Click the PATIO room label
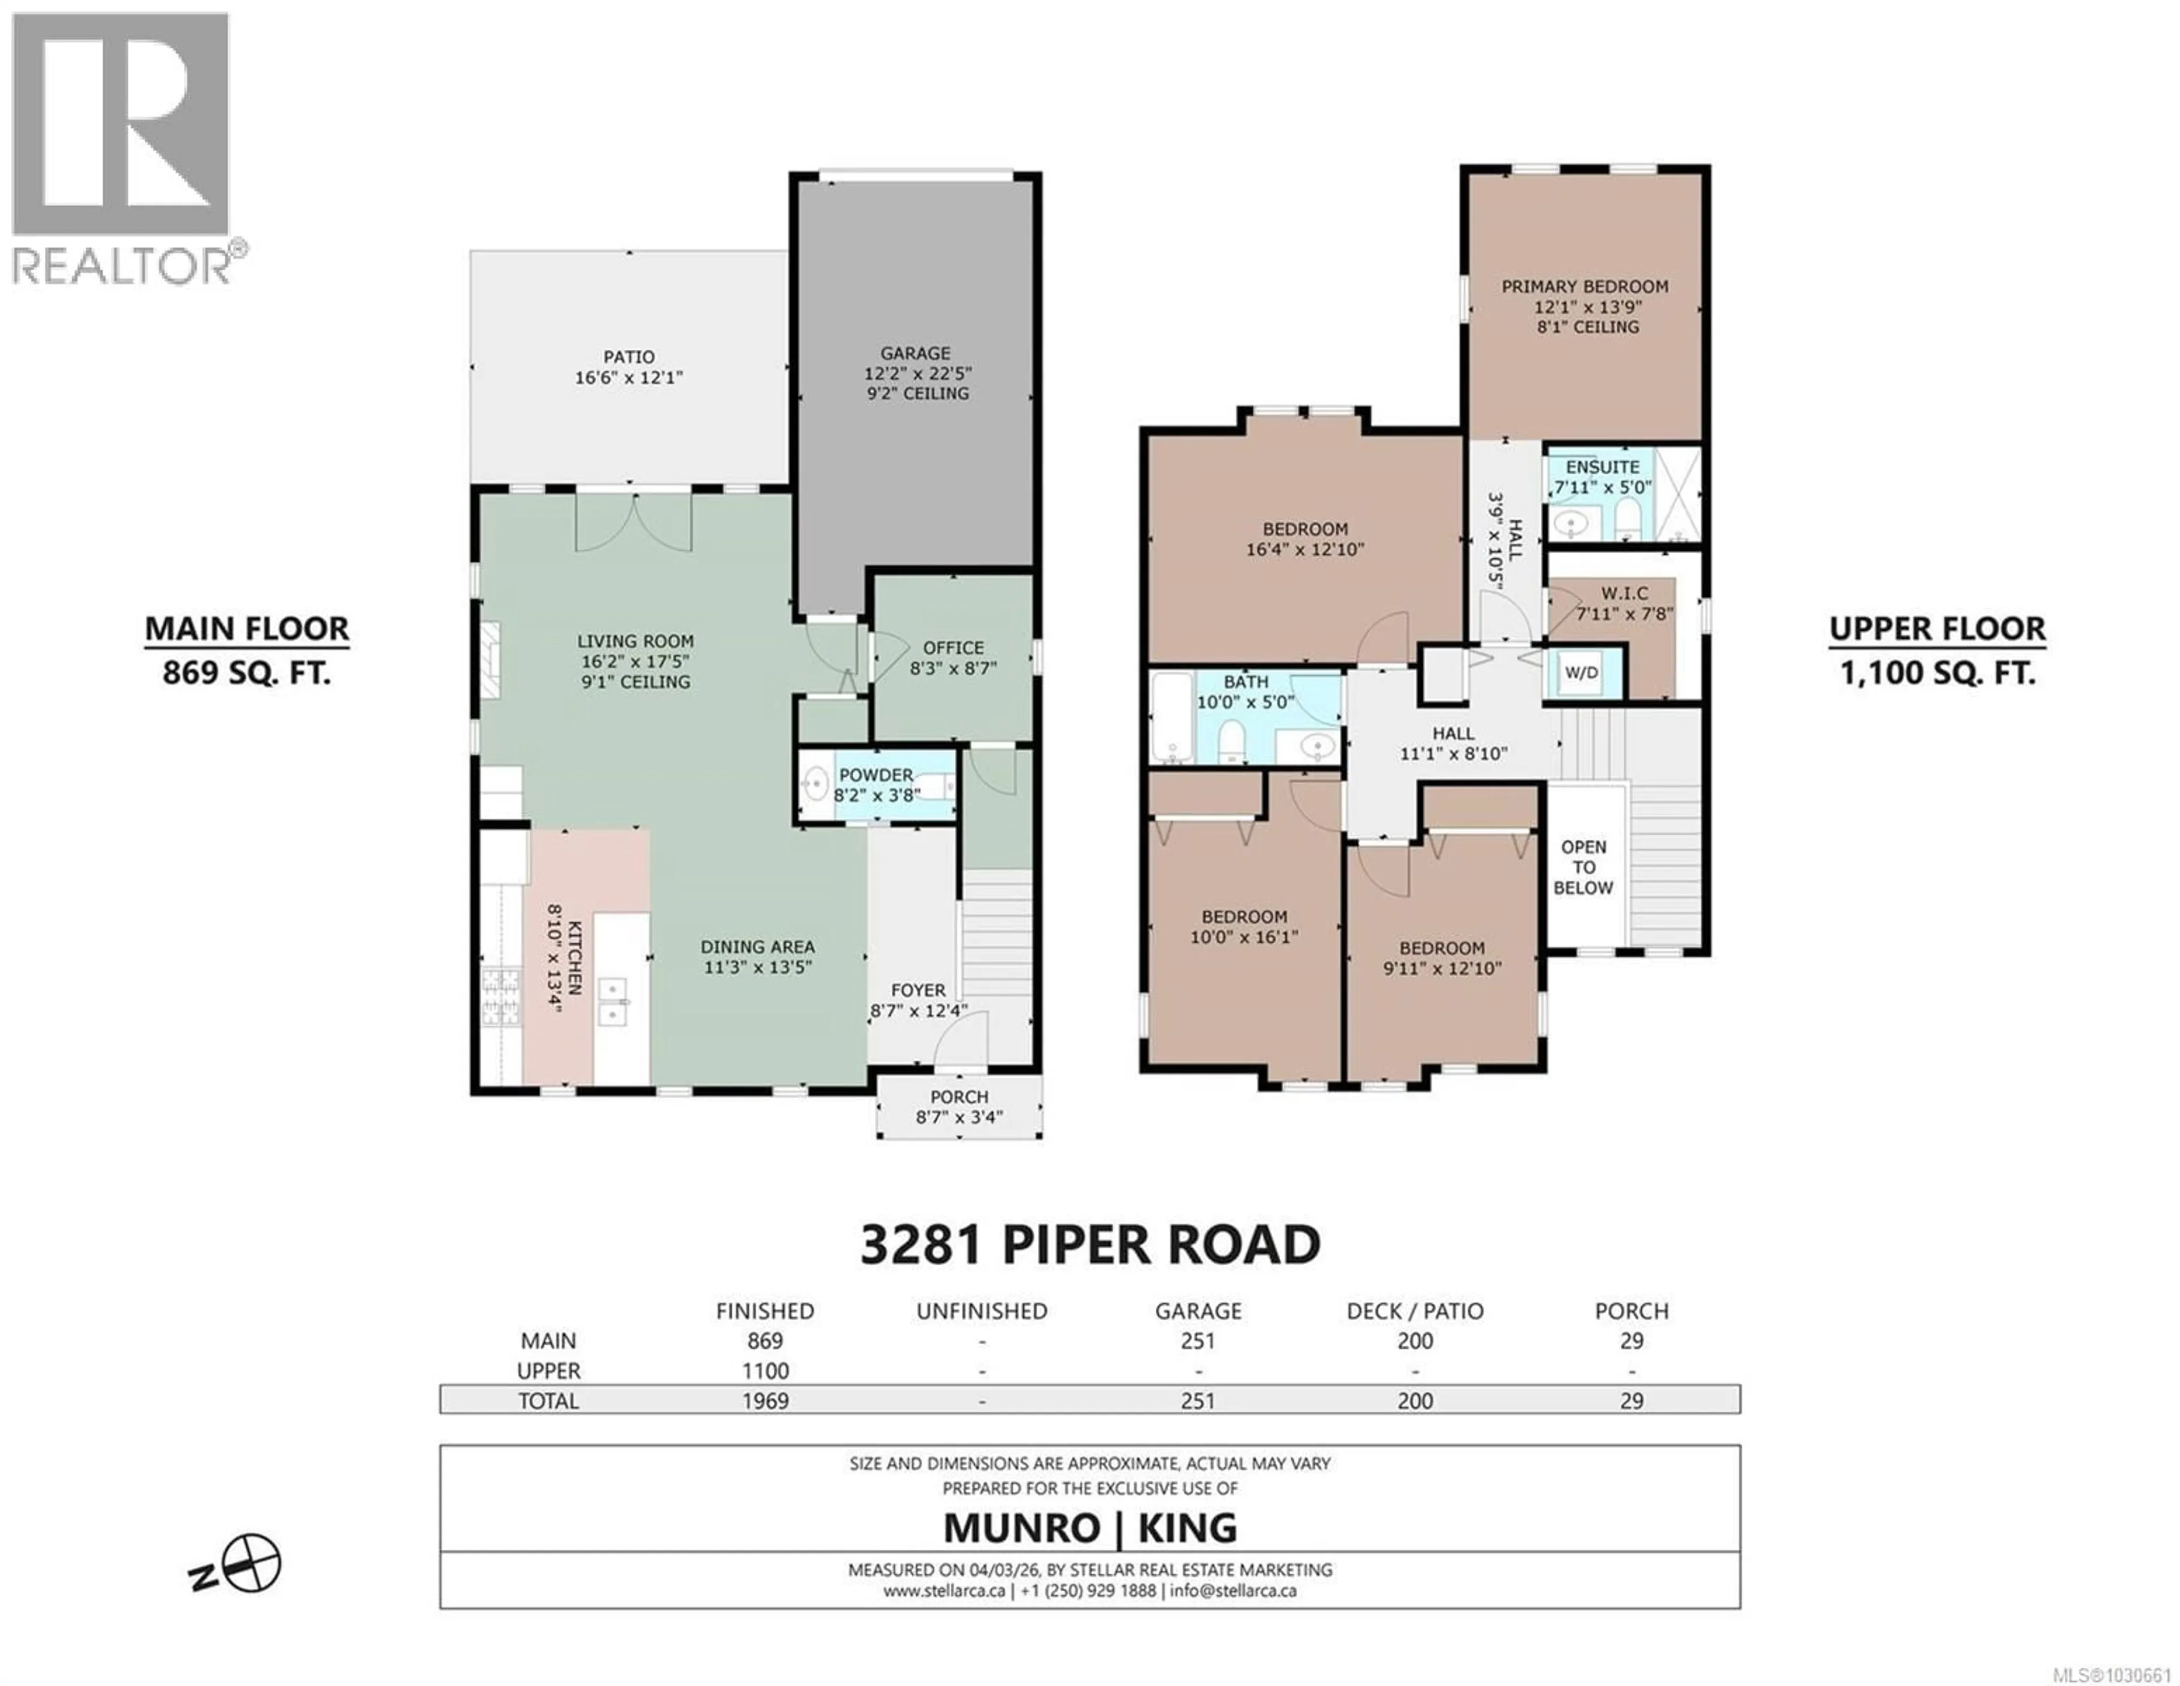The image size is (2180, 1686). point(629,357)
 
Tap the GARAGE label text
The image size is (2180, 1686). point(915,353)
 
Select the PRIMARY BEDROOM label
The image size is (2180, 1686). point(1585,287)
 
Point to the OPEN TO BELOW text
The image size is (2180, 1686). point(1583,868)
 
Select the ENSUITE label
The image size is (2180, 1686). point(1602,467)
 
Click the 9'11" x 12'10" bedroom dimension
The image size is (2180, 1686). point(1443,968)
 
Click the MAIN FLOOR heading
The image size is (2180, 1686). point(248,629)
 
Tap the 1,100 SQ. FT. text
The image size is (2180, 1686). point(1938,673)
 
